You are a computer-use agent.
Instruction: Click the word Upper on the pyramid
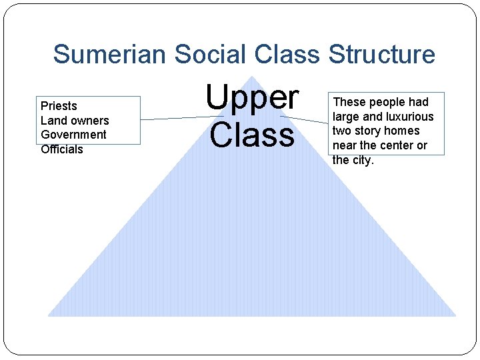[252, 99]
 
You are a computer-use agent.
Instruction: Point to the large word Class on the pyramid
[252, 135]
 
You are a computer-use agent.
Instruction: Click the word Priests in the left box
[59, 106]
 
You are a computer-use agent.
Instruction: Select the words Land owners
[75, 121]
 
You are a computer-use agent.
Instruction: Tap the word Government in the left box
[73, 135]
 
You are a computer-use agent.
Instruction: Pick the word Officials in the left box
[62, 149]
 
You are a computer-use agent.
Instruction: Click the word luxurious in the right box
[409, 117]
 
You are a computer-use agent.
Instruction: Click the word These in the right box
[348, 102]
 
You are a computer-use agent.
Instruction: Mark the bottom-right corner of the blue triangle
[455, 315]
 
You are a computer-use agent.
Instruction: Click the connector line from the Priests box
[173, 118]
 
